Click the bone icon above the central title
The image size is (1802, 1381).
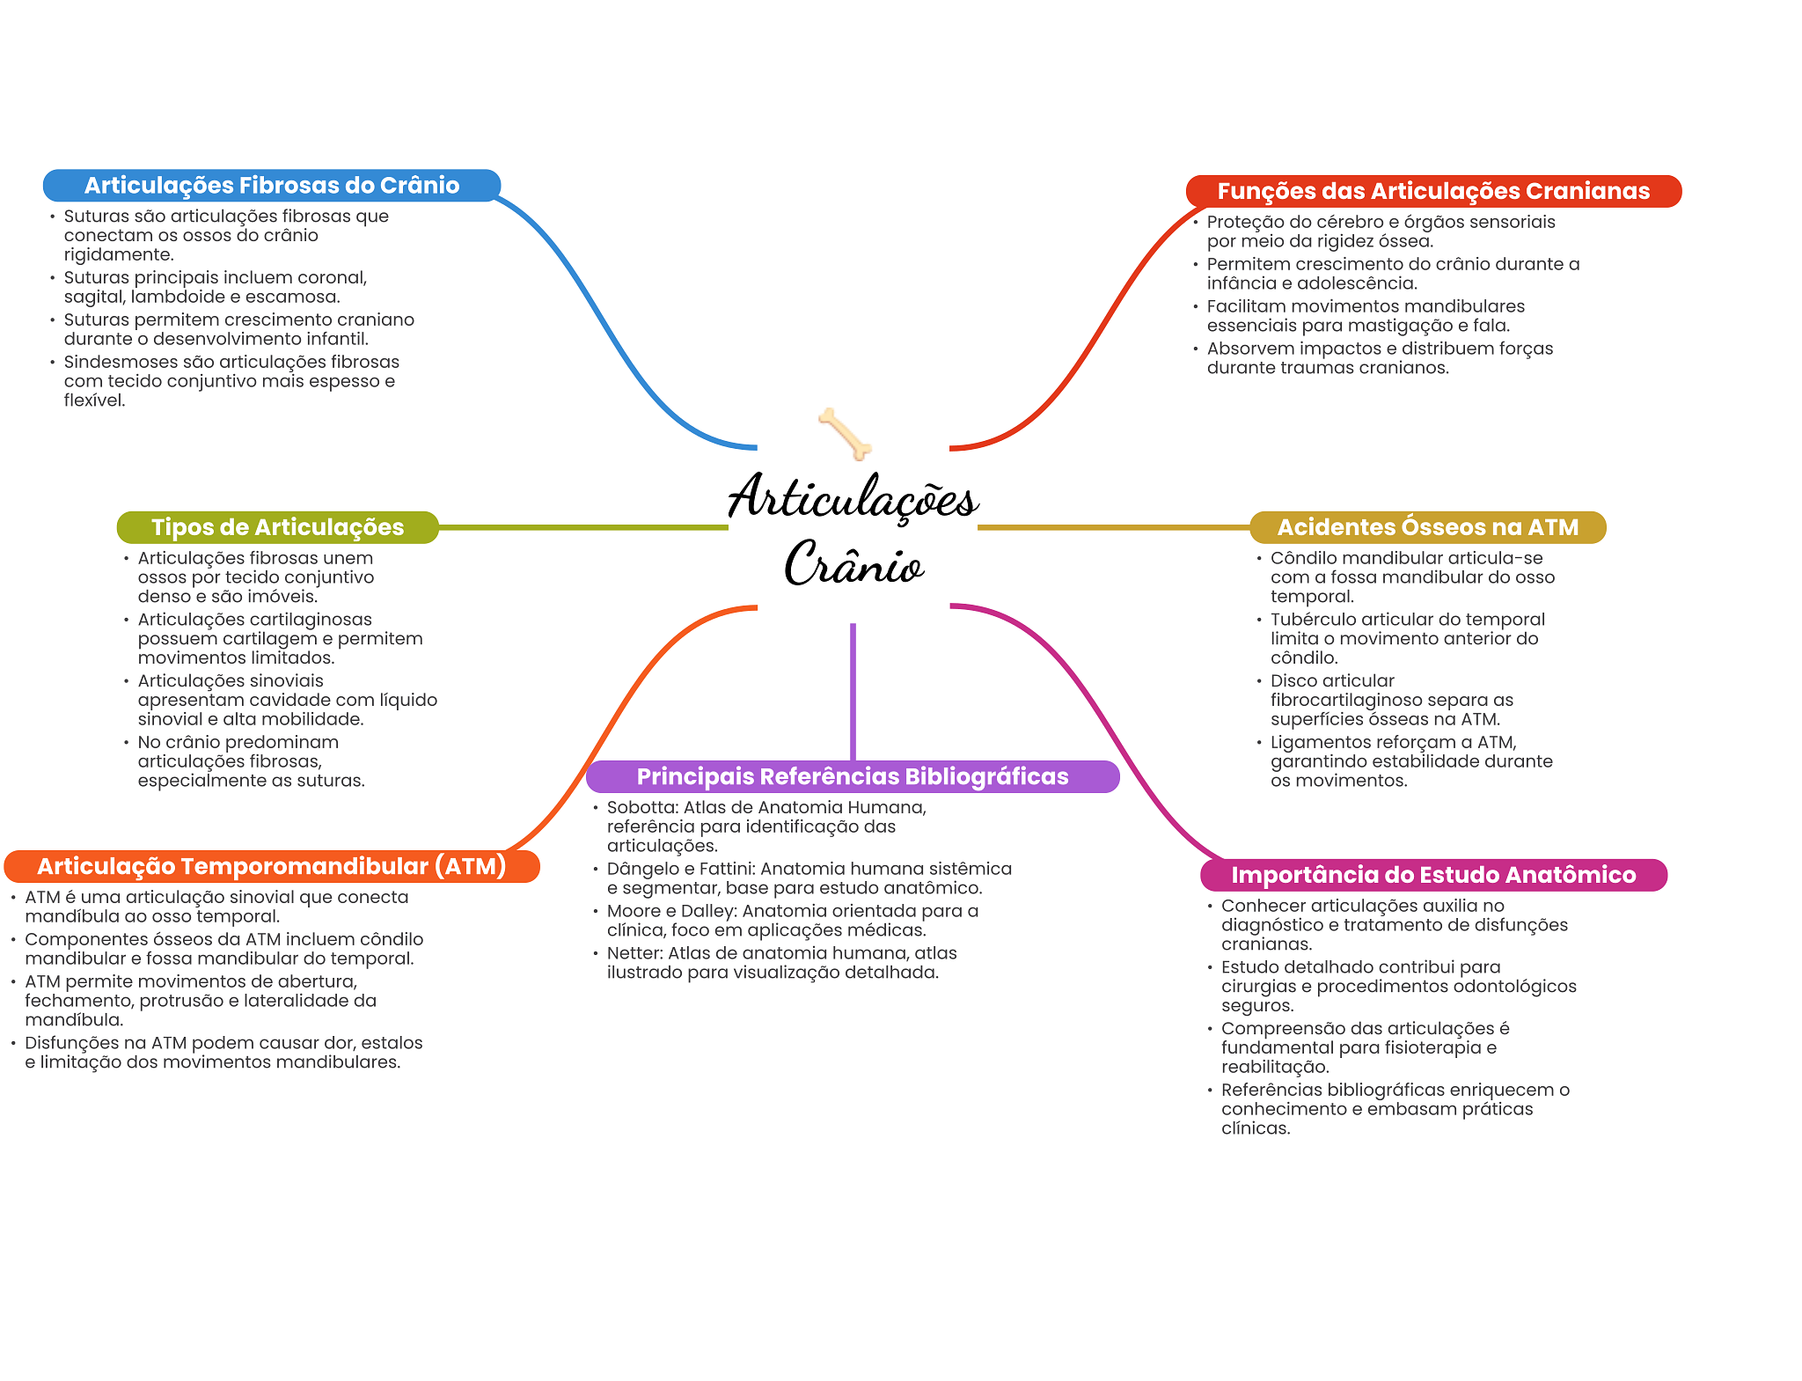point(845,433)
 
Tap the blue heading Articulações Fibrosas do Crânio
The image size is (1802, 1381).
point(272,186)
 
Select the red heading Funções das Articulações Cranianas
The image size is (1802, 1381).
point(1433,191)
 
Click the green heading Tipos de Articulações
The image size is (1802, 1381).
point(277,527)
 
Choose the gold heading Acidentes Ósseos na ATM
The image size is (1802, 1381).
point(1427,527)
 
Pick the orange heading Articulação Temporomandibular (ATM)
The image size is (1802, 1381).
point(271,866)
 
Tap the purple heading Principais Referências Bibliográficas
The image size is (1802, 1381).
point(852,776)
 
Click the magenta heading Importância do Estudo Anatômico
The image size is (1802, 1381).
point(1433,875)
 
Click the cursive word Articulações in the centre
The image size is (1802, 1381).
point(853,498)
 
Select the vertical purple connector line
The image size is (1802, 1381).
point(853,691)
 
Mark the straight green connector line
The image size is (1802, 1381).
point(582,527)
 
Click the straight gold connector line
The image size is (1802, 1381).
point(1113,527)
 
